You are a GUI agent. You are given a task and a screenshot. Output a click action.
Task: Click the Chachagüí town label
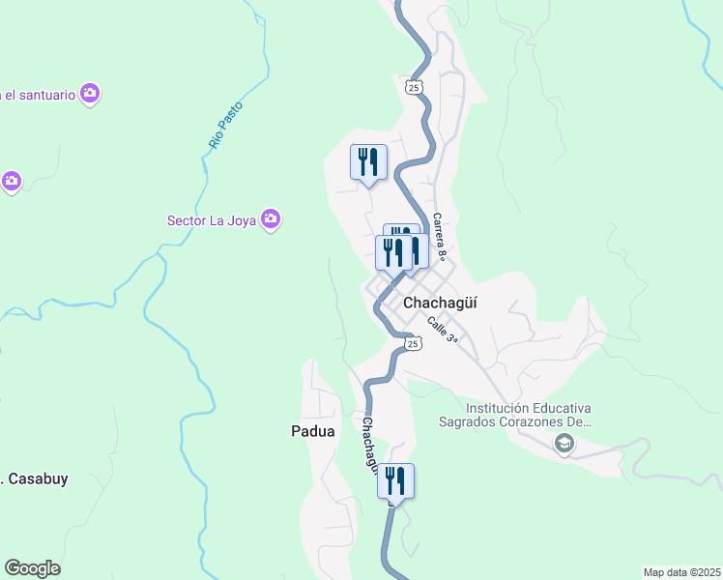click(440, 302)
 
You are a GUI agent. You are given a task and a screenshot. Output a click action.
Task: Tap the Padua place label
click(312, 431)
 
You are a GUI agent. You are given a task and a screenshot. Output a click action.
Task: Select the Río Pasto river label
click(225, 125)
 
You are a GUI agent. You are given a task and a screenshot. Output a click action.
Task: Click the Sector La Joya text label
click(211, 220)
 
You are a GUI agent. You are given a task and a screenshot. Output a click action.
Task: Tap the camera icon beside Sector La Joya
click(272, 220)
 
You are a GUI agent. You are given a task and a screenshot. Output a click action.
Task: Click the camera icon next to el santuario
click(91, 94)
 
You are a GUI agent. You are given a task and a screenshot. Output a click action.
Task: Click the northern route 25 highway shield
click(413, 88)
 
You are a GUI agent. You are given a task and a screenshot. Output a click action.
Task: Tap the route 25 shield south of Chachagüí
click(413, 343)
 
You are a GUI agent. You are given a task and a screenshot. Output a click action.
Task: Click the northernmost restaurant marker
click(368, 160)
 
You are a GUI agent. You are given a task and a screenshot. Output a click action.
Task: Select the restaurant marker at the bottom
click(395, 479)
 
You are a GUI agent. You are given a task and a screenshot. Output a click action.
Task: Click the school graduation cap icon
click(563, 444)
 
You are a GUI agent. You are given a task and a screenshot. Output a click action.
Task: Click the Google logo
click(32, 568)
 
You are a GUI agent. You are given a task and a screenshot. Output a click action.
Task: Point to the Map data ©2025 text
click(681, 572)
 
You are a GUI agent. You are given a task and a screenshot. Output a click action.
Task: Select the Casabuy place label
click(37, 478)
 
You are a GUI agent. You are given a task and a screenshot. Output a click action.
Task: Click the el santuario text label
click(39, 94)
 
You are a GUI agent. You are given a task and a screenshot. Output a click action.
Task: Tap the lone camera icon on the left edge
click(11, 181)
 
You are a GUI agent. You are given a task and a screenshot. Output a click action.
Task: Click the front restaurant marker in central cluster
click(392, 253)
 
